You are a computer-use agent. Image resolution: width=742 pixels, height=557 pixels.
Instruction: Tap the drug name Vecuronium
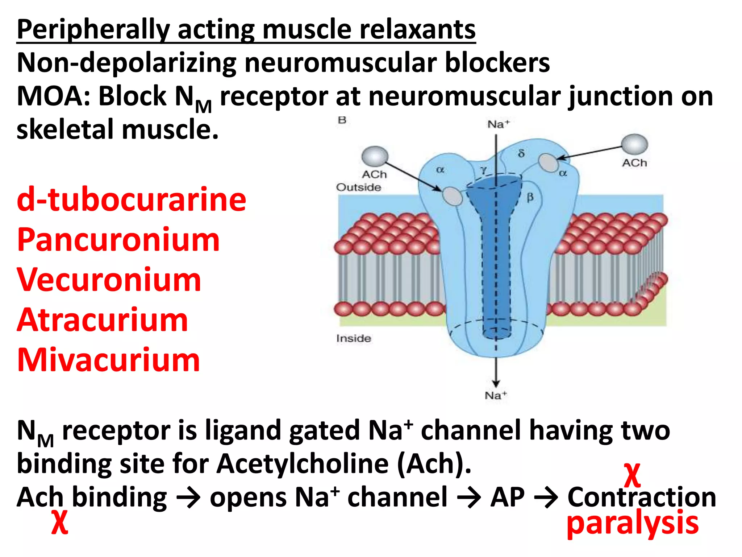click(x=109, y=280)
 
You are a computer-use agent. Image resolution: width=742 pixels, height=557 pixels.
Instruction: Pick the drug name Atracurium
click(x=102, y=320)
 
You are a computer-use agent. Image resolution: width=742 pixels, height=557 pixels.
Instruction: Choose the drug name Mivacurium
click(x=108, y=360)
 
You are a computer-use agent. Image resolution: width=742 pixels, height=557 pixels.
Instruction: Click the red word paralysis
click(x=632, y=523)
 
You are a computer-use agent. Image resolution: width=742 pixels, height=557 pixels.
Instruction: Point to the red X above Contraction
click(x=632, y=475)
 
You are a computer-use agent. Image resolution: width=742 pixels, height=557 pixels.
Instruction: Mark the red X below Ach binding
click(x=59, y=522)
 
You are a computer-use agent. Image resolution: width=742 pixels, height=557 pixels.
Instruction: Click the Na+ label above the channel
click(x=498, y=124)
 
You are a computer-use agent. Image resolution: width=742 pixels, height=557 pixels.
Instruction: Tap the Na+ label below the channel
click(x=496, y=395)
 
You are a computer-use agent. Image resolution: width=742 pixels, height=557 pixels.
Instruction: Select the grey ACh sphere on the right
click(x=634, y=144)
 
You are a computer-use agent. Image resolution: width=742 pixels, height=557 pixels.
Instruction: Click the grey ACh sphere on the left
click(x=375, y=157)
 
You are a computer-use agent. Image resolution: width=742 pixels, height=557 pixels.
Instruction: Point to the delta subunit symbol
click(x=521, y=153)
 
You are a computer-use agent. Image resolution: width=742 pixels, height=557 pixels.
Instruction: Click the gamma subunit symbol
click(x=484, y=170)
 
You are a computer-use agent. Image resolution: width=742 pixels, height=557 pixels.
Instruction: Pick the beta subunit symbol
click(x=530, y=198)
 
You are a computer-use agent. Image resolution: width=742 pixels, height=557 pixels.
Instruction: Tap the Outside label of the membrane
click(x=358, y=187)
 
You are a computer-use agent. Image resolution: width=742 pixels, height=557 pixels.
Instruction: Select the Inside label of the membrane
click(x=353, y=338)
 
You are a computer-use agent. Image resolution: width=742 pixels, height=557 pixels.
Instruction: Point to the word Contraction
click(x=642, y=497)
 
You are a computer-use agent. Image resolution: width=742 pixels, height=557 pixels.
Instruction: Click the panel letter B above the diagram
click(x=342, y=120)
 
